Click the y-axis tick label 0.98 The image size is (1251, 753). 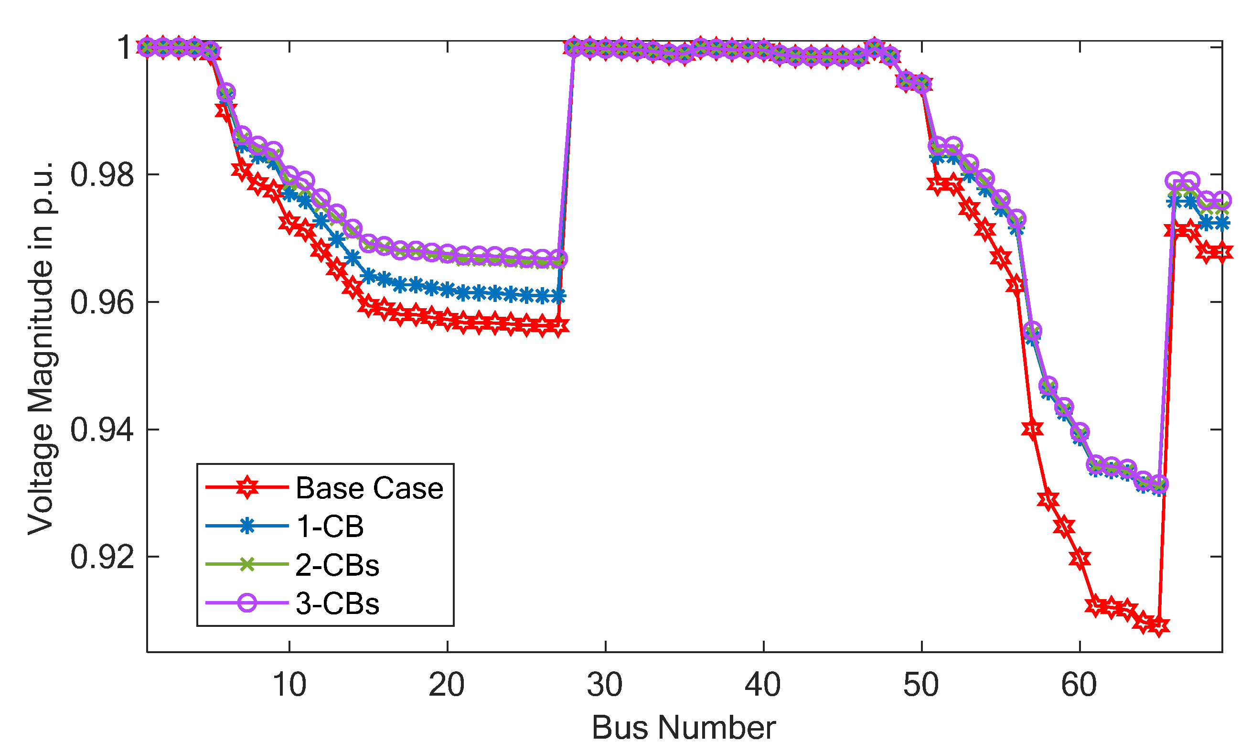coord(102,174)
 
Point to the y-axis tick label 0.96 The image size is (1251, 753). coord(102,302)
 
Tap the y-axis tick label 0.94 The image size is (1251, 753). coord(102,430)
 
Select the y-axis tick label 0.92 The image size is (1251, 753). coord(102,557)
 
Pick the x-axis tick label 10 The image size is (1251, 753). coord(289,685)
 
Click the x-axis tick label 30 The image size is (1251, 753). coord(605,685)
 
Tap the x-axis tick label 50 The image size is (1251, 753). coord(921,685)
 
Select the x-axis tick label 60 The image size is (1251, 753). coord(1079,685)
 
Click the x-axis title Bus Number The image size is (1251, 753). coord(684,728)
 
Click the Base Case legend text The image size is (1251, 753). coord(369,488)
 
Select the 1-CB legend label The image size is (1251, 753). coord(330,526)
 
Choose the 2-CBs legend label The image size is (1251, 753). coord(337,565)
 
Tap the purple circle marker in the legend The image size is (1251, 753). coord(247,603)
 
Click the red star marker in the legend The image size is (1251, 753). coord(247,488)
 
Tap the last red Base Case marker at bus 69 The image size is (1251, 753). coord(1222,252)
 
